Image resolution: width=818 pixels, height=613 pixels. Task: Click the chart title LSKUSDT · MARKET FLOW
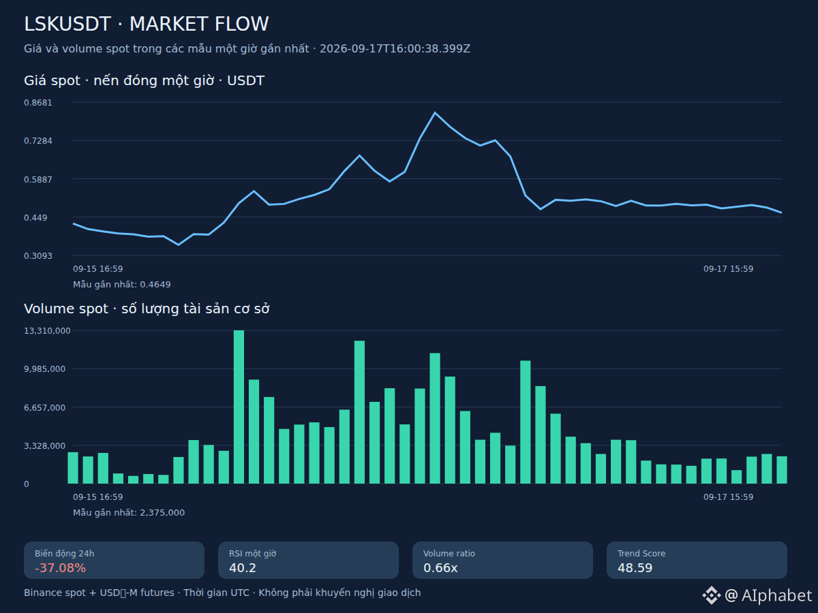[x=146, y=24]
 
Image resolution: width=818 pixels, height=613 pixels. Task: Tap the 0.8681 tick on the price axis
[x=38, y=103]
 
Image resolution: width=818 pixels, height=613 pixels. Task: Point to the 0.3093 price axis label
[x=38, y=255]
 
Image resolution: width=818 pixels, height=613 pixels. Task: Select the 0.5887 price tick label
[x=38, y=179]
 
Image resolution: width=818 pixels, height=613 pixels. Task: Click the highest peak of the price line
[x=434, y=112]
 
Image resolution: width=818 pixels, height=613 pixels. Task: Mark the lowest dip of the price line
[x=179, y=245]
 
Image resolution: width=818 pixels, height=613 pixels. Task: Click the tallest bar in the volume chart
[x=239, y=407]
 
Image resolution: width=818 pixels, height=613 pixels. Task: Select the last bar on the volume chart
[x=782, y=470]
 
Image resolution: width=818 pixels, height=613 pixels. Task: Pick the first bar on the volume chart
[x=73, y=468]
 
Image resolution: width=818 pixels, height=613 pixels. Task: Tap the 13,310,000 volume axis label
[x=47, y=330]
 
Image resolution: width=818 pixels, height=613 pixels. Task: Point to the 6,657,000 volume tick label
[x=45, y=407]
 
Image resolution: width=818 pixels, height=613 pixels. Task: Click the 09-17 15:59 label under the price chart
[x=728, y=269]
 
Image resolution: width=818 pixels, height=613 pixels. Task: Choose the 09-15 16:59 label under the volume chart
[x=97, y=497]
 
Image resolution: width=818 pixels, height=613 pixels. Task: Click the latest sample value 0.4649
[x=155, y=284]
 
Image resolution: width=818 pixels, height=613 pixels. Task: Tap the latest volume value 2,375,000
[x=162, y=512]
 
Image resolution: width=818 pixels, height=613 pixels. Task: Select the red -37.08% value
[x=61, y=568]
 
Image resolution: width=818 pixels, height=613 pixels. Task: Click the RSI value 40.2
[x=243, y=568]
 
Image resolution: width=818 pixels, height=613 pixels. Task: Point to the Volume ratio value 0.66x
[x=440, y=568]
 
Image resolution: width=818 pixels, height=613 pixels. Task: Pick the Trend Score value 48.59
[x=635, y=568]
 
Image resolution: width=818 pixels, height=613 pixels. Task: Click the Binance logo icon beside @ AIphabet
[x=712, y=595]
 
